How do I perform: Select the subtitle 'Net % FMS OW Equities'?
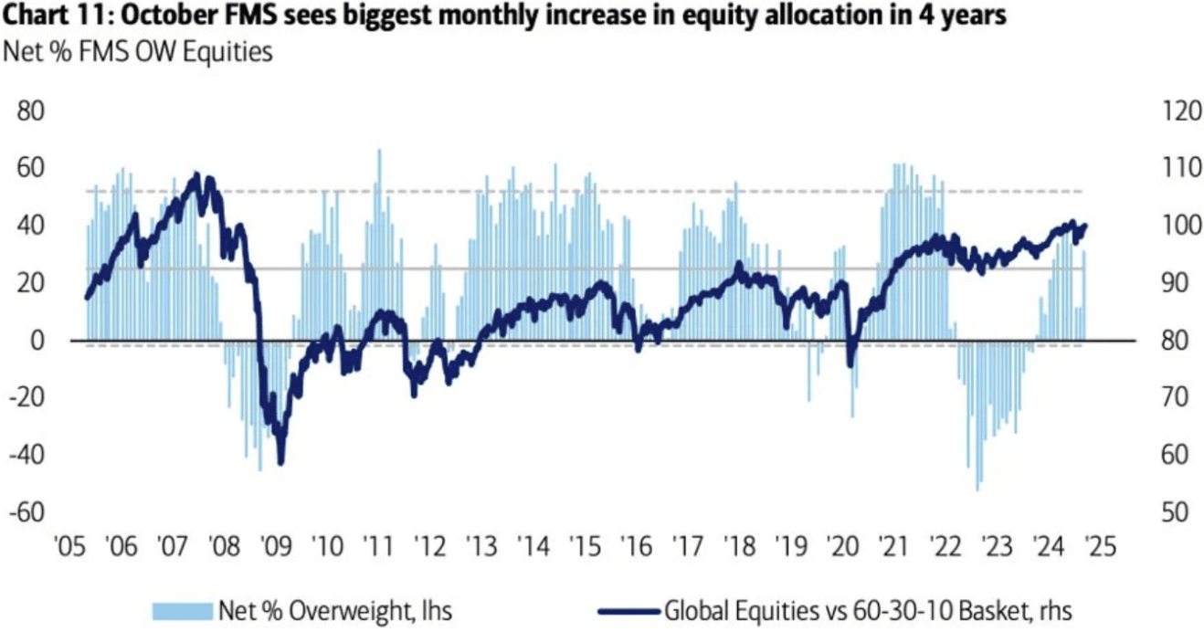click(x=138, y=51)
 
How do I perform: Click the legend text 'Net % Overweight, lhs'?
click(x=334, y=609)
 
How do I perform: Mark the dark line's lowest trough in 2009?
click(x=280, y=462)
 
